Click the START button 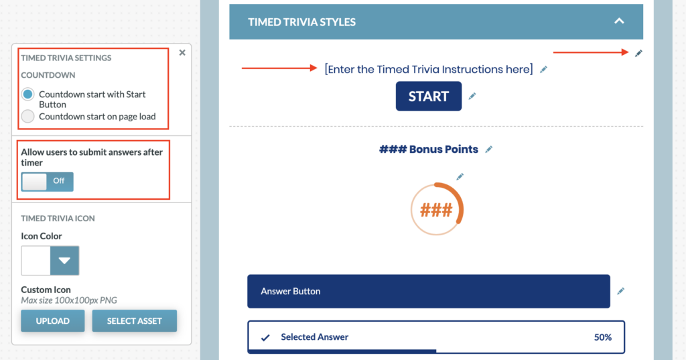428,96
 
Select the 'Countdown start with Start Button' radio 27,94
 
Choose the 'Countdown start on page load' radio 27,117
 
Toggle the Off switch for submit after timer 48,181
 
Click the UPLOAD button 52,320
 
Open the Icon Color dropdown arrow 64,261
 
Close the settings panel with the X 182,52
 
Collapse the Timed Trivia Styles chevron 619,21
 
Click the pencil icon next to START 472,96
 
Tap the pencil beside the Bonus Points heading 488,149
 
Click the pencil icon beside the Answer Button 621,291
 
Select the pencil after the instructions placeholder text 543,69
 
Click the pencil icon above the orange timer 460,176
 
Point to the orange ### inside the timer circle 436,211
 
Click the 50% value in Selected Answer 602,337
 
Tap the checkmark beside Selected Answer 265,338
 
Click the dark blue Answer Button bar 428,291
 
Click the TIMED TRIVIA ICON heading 58,218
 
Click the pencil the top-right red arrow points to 638,53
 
